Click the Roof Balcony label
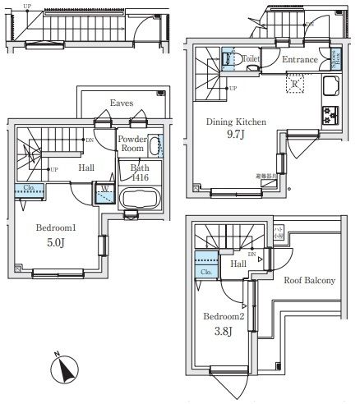tap(309, 281)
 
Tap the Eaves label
tap(122, 103)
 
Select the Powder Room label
tap(132, 145)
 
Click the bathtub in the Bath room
tap(141, 199)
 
